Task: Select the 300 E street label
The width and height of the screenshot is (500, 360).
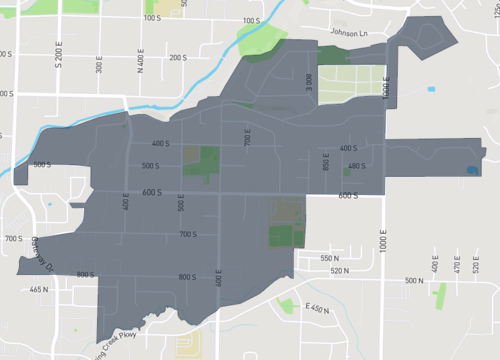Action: (x=99, y=64)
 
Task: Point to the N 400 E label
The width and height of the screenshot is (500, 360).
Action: (x=140, y=64)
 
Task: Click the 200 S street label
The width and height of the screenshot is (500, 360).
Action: (x=178, y=57)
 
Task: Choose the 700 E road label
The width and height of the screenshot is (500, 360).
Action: (x=248, y=138)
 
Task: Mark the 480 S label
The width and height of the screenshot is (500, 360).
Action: (x=356, y=166)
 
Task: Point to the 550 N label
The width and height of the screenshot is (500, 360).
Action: (x=330, y=258)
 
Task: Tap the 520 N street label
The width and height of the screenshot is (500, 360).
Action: (x=340, y=271)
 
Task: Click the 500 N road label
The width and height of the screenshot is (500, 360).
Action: (x=414, y=281)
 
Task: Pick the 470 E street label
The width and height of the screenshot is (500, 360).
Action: (x=457, y=264)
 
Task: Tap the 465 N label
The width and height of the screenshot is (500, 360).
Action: (x=39, y=289)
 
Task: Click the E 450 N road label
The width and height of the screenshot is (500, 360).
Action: (x=318, y=309)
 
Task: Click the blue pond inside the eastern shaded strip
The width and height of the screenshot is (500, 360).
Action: (x=470, y=170)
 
